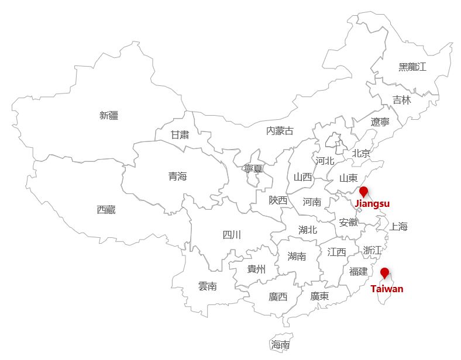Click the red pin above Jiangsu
[363, 192]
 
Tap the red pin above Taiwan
[384, 273]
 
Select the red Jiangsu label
[372, 204]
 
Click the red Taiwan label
[387, 289]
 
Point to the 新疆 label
[109, 116]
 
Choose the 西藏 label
[106, 210]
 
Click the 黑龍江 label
[412, 67]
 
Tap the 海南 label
[280, 345]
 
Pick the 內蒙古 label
[280, 131]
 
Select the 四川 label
[232, 235]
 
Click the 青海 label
[177, 176]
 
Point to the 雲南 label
[207, 286]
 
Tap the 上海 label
[398, 227]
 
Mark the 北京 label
[361, 154]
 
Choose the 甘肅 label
[180, 134]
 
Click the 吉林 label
[401, 100]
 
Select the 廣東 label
[319, 296]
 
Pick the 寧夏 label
[253, 168]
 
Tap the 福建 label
[358, 271]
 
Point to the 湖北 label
[307, 230]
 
